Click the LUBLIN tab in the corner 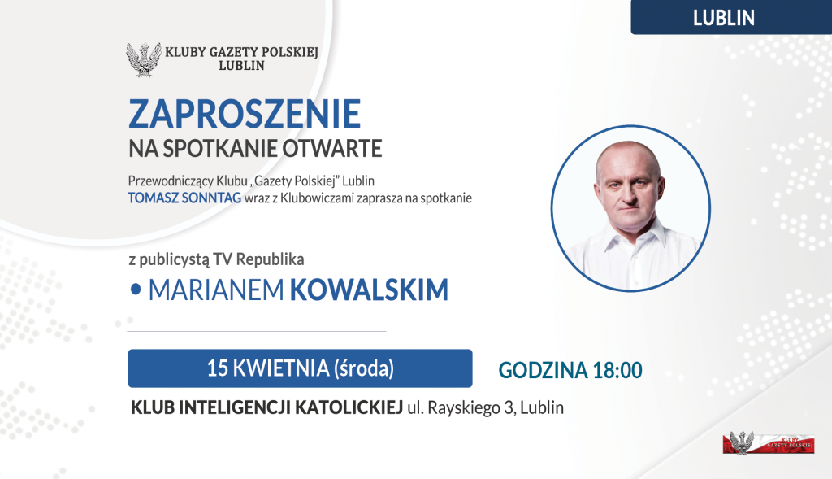pyautogui.click(x=724, y=18)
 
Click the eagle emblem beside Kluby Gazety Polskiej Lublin pyautogui.click(x=143, y=60)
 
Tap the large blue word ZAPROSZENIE pyautogui.click(x=244, y=115)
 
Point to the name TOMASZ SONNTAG pyautogui.click(x=184, y=198)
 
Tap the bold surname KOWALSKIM pyautogui.click(x=369, y=290)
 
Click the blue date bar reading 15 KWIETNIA pyautogui.click(x=300, y=368)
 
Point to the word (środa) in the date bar pyautogui.click(x=363, y=368)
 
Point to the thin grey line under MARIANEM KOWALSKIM pyautogui.click(x=257, y=332)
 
